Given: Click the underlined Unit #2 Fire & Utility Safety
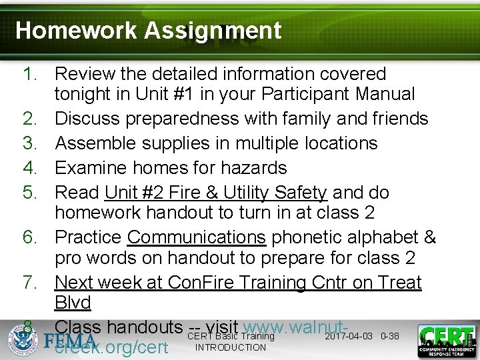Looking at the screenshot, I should coord(215,193).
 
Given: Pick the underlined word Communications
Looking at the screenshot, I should coord(197,237).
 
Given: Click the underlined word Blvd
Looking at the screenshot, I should coord(73,303).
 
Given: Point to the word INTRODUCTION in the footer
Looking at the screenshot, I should coord(231,347).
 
